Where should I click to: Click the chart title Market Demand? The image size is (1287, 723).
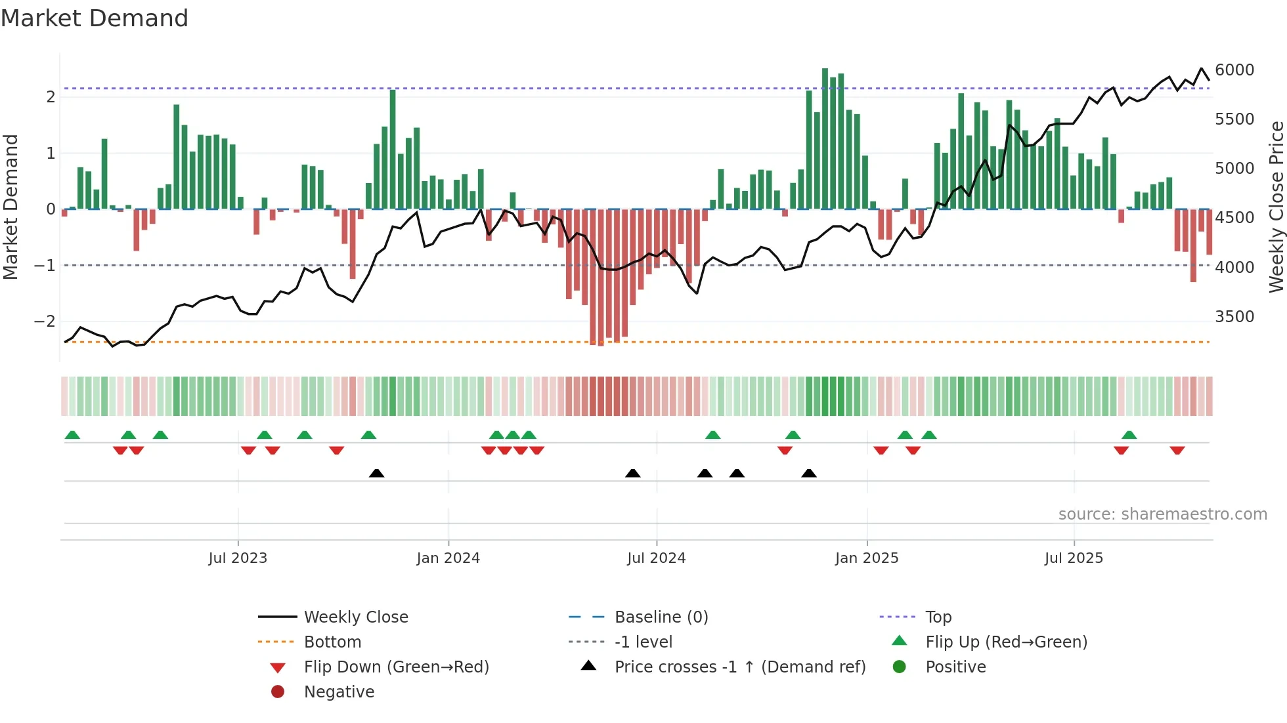coord(95,18)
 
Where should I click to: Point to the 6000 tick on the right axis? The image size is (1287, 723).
coord(1234,70)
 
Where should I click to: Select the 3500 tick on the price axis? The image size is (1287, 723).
coord(1234,317)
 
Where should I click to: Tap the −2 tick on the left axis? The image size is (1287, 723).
coord(45,321)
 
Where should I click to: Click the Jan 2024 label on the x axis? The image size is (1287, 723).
coord(448,558)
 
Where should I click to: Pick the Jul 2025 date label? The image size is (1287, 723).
coord(1074,558)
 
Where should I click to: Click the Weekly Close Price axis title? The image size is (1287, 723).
coord(1276,207)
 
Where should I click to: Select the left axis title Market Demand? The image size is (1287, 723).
coord(11,207)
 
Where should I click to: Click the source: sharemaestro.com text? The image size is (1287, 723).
coord(1162,514)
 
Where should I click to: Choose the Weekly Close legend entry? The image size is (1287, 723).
coord(356,617)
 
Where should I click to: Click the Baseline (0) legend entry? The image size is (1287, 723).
coord(661,617)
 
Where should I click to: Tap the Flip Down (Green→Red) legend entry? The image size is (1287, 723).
coord(396,667)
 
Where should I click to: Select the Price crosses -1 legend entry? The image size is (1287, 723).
coord(739,667)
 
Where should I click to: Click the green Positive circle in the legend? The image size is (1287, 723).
coord(900,667)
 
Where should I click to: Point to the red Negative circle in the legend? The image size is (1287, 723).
coord(278,692)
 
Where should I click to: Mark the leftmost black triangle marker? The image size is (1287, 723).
coord(376,473)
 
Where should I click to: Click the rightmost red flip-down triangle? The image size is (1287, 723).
coord(1177,450)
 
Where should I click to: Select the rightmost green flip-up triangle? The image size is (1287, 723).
coord(1129,435)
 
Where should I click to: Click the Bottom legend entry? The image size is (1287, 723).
coord(332,642)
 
